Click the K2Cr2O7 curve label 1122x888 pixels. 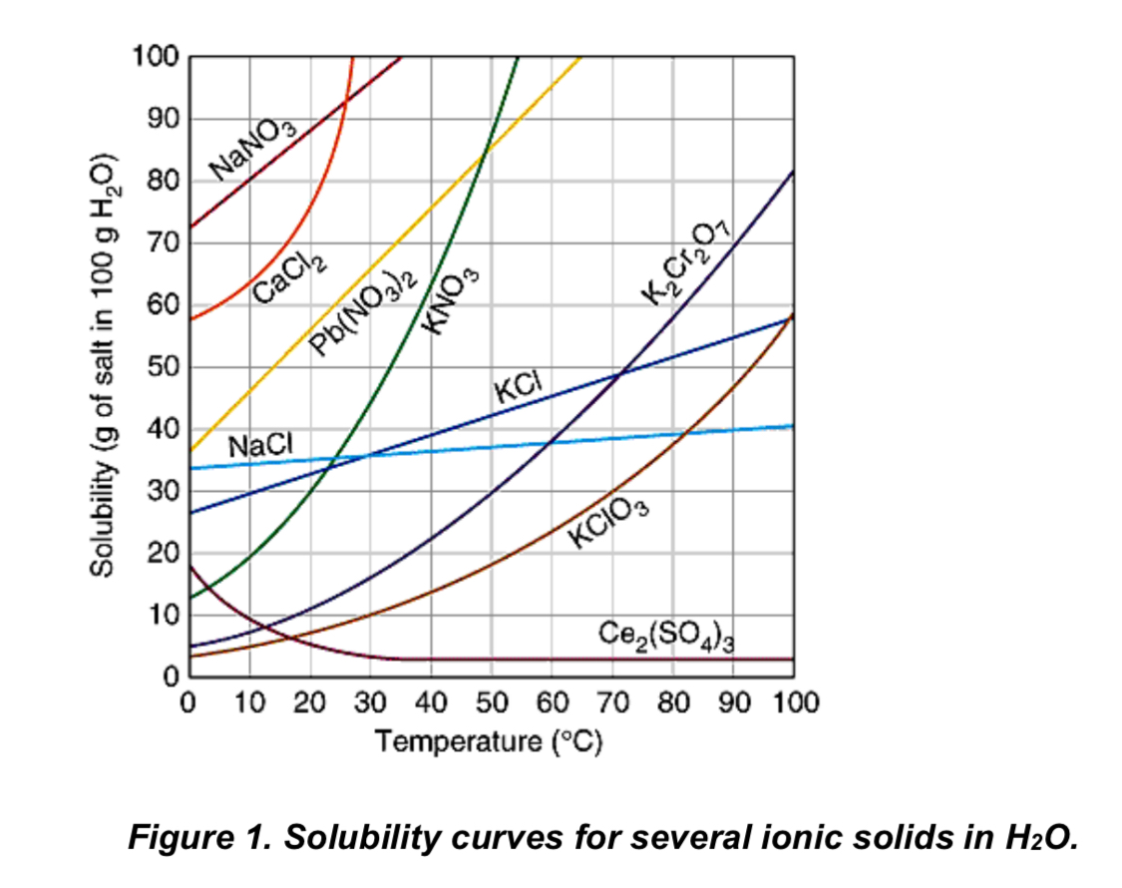coord(687,261)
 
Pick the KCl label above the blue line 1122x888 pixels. coord(517,386)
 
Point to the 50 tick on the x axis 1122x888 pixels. coord(491,702)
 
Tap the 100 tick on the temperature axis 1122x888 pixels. coord(794,702)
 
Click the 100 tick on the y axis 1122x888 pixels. coord(155,58)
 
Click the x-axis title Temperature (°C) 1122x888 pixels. coord(489,743)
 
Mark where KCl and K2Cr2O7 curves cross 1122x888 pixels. coord(621,373)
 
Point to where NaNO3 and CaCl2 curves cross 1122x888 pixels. coord(343,101)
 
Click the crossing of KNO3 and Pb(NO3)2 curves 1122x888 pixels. coord(484,151)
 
